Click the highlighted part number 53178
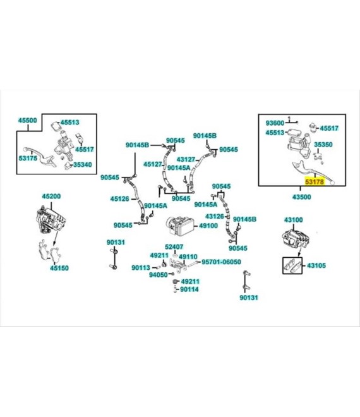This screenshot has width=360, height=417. pyautogui.click(x=315, y=182)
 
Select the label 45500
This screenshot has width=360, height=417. pyautogui.click(x=27, y=120)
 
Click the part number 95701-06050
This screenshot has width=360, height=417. pyautogui.click(x=221, y=262)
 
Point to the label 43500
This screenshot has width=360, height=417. pyautogui.click(x=301, y=197)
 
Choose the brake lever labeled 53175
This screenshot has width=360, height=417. pyautogui.click(x=40, y=157)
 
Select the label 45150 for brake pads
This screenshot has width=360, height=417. pyautogui.click(x=59, y=268)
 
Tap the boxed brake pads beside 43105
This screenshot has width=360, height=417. pyautogui.click(x=292, y=265)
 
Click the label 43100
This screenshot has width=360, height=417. pyautogui.click(x=293, y=220)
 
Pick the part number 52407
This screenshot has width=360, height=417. pyautogui.click(x=174, y=247)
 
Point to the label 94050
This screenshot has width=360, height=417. pyautogui.click(x=158, y=275)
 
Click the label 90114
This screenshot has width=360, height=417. pyautogui.click(x=189, y=289)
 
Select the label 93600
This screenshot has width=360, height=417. pyautogui.click(x=275, y=123)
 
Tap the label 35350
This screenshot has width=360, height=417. pyautogui.click(x=323, y=145)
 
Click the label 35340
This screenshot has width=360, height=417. pyautogui.click(x=83, y=165)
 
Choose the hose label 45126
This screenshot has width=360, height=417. pyautogui.click(x=119, y=199)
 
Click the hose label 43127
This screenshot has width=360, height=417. pyautogui.click(x=186, y=160)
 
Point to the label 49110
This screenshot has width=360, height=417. pyautogui.click(x=188, y=257)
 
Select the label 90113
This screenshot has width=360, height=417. pyautogui.click(x=141, y=267)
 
